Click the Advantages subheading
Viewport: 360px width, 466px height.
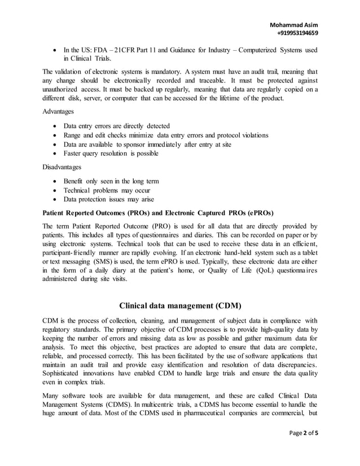[59, 111]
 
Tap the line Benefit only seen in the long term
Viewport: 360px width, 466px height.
[111, 181]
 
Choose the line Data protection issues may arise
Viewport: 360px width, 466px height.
[108, 199]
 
